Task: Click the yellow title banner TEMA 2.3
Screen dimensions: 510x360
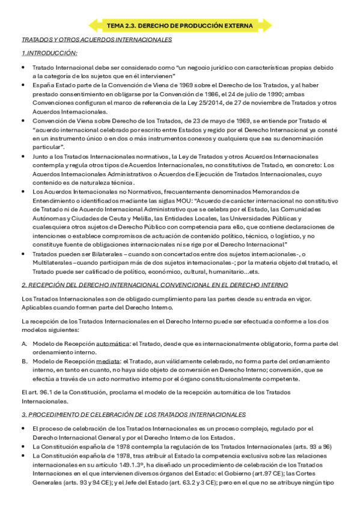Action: click(180, 25)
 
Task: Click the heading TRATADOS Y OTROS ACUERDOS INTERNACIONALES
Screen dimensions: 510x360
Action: click(97, 40)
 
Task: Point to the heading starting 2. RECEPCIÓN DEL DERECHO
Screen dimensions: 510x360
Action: click(154, 284)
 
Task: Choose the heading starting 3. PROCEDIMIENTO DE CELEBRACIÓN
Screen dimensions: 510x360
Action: click(133, 415)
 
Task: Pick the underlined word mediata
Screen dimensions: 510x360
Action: click(108, 361)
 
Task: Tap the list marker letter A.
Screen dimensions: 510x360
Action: click(24, 343)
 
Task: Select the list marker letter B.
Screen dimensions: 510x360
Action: click(24, 361)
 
